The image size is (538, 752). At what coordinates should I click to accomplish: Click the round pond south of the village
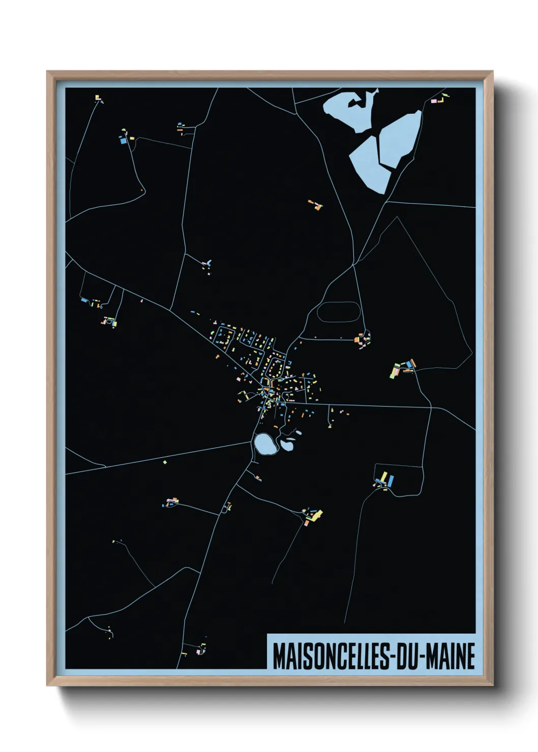coord(265,444)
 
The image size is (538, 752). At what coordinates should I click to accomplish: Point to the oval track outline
coord(339,311)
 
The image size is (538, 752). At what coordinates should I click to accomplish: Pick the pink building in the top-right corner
coord(434,101)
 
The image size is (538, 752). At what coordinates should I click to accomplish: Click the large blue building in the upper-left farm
coord(122,141)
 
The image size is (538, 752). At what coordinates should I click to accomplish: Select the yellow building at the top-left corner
coord(97,97)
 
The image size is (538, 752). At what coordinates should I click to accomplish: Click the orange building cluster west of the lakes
coord(315,205)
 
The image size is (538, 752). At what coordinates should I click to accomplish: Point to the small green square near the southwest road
coord(165,462)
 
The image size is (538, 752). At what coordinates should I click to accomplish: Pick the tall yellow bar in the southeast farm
coord(385,478)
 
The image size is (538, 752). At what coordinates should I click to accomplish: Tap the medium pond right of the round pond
coord(287,445)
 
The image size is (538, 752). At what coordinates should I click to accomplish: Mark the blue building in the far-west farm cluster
coord(84,300)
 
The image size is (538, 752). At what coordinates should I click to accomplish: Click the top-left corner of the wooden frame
coord(47,72)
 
